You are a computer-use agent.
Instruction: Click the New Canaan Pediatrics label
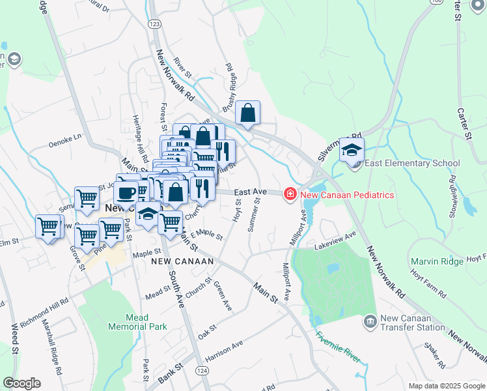coord(346,194)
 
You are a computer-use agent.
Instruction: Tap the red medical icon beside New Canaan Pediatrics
coord(289,194)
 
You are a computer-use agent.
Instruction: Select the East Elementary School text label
coord(412,164)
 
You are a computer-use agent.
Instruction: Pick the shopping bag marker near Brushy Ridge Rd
coord(248,113)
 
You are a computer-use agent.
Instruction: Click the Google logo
coord(21,383)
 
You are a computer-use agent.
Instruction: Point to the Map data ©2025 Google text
coord(446,386)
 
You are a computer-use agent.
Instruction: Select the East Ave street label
coord(251,192)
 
